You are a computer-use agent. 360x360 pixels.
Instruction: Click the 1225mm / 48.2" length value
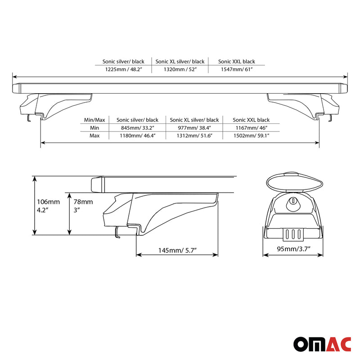coord(123,70)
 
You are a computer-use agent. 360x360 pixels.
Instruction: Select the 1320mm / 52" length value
coord(180,70)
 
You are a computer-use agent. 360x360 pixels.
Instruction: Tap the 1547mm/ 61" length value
coord(236,70)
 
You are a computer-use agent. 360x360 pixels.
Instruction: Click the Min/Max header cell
coord(94,120)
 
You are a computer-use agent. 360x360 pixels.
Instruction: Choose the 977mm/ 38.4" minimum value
coord(194,128)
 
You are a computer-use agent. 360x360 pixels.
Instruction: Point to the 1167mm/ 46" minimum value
coord(251,128)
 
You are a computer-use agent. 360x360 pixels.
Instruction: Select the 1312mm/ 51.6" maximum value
coord(194,135)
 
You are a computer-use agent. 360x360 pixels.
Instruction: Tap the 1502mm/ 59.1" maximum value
coord(251,135)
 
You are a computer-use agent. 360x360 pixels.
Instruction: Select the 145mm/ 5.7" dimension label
coord(177,249)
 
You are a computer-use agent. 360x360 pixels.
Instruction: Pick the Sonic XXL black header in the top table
coord(236,62)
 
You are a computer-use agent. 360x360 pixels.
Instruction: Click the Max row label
coord(94,135)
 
